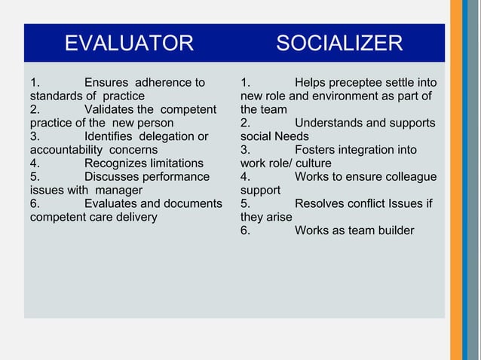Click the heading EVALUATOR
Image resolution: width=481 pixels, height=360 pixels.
(129, 43)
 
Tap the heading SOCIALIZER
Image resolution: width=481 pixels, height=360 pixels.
(339, 43)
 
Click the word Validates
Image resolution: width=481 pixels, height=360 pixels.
(110, 109)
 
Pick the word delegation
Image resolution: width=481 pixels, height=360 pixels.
(164, 136)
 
